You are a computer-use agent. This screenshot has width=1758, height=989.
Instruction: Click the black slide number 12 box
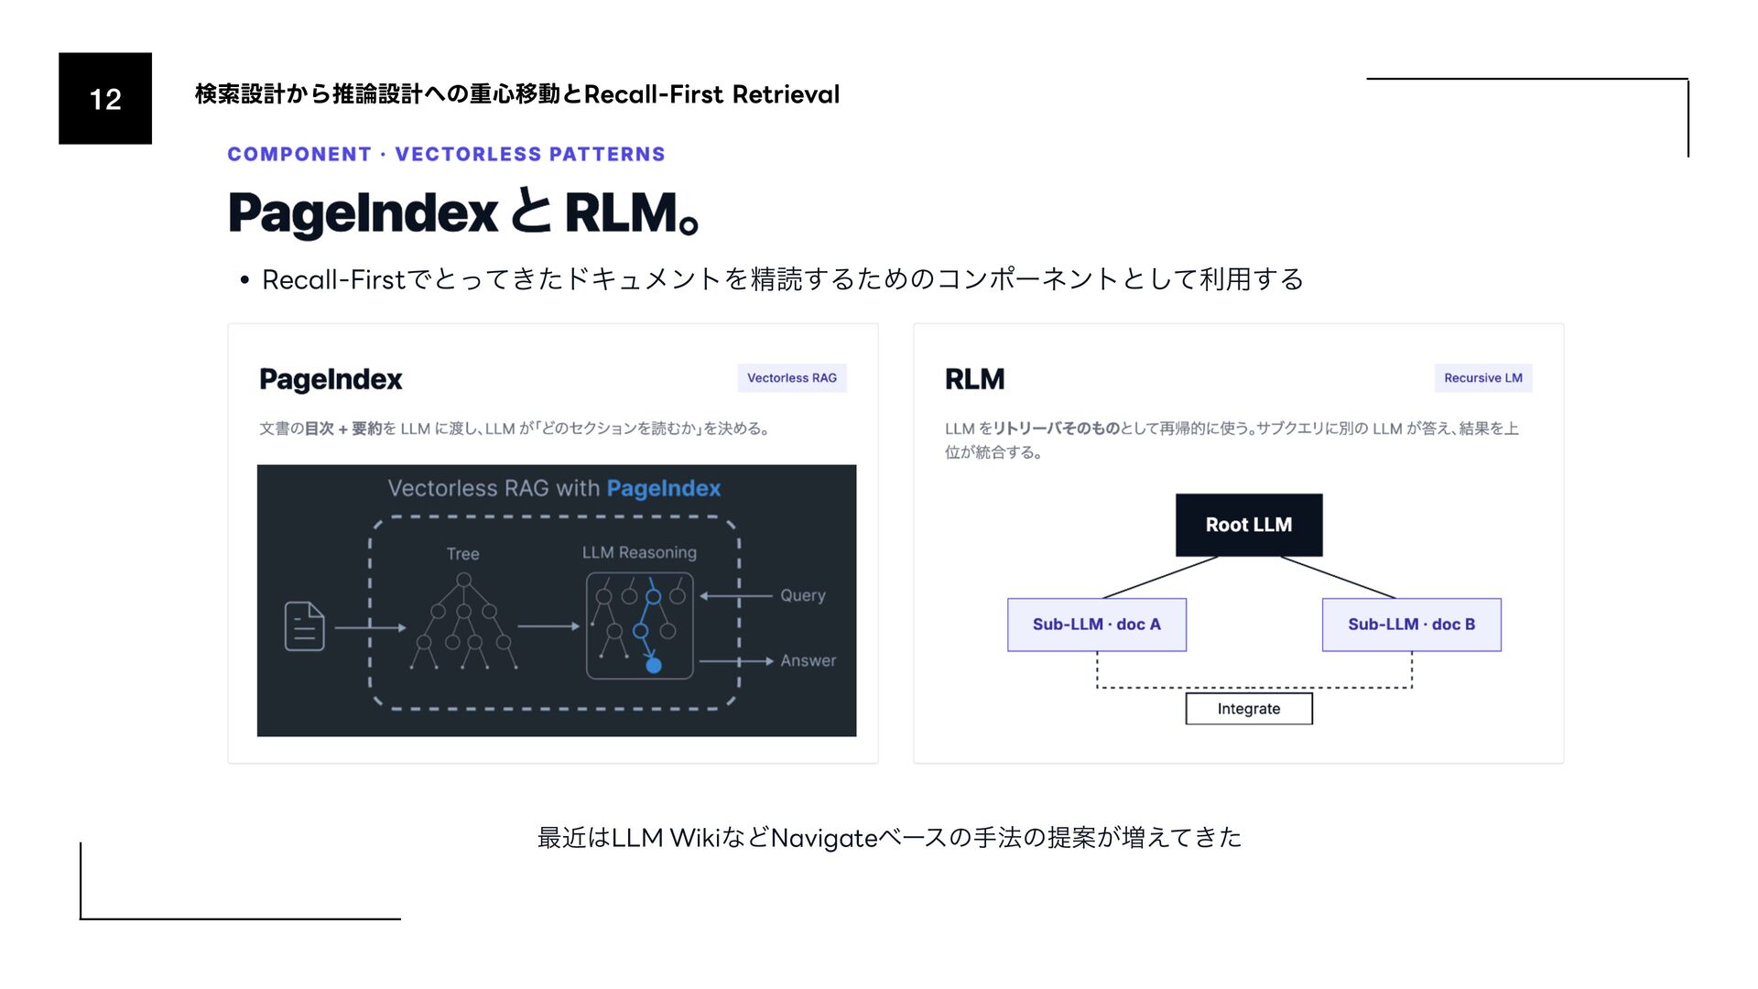tap(105, 98)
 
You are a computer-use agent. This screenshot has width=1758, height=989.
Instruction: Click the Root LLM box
tap(1249, 525)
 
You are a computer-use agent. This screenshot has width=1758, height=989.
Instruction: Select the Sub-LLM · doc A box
tap(1097, 625)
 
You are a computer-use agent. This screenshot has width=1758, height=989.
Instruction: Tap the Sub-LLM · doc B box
tap(1411, 625)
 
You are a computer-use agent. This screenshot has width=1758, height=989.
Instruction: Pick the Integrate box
tap(1249, 709)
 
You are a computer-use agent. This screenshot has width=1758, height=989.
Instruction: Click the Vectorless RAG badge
tap(792, 378)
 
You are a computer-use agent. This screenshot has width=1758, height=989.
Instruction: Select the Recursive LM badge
tap(1483, 378)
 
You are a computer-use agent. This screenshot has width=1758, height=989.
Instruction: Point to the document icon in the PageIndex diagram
tap(305, 626)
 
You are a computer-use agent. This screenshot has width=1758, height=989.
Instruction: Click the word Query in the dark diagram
tap(803, 595)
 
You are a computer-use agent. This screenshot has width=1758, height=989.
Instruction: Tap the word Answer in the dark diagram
tap(808, 661)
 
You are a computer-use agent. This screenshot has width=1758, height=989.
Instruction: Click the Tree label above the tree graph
tap(463, 554)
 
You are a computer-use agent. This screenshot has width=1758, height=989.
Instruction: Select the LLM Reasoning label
tap(639, 553)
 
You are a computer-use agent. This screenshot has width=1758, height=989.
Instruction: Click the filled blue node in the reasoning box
tap(654, 666)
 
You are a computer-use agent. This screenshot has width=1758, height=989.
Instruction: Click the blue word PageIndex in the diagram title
tap(664, 489)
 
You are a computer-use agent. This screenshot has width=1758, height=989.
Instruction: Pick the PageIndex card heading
tap(331, 379)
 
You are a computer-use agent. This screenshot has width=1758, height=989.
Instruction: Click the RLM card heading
tap(974, 379)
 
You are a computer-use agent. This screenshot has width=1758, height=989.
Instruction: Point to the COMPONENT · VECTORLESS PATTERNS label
tap(446, 154)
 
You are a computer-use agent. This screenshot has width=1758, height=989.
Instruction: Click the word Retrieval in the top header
tap(786, 94)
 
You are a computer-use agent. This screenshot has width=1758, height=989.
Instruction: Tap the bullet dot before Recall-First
tap(244, 280)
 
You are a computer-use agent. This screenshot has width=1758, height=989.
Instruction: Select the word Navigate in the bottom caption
tap(824, 838)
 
